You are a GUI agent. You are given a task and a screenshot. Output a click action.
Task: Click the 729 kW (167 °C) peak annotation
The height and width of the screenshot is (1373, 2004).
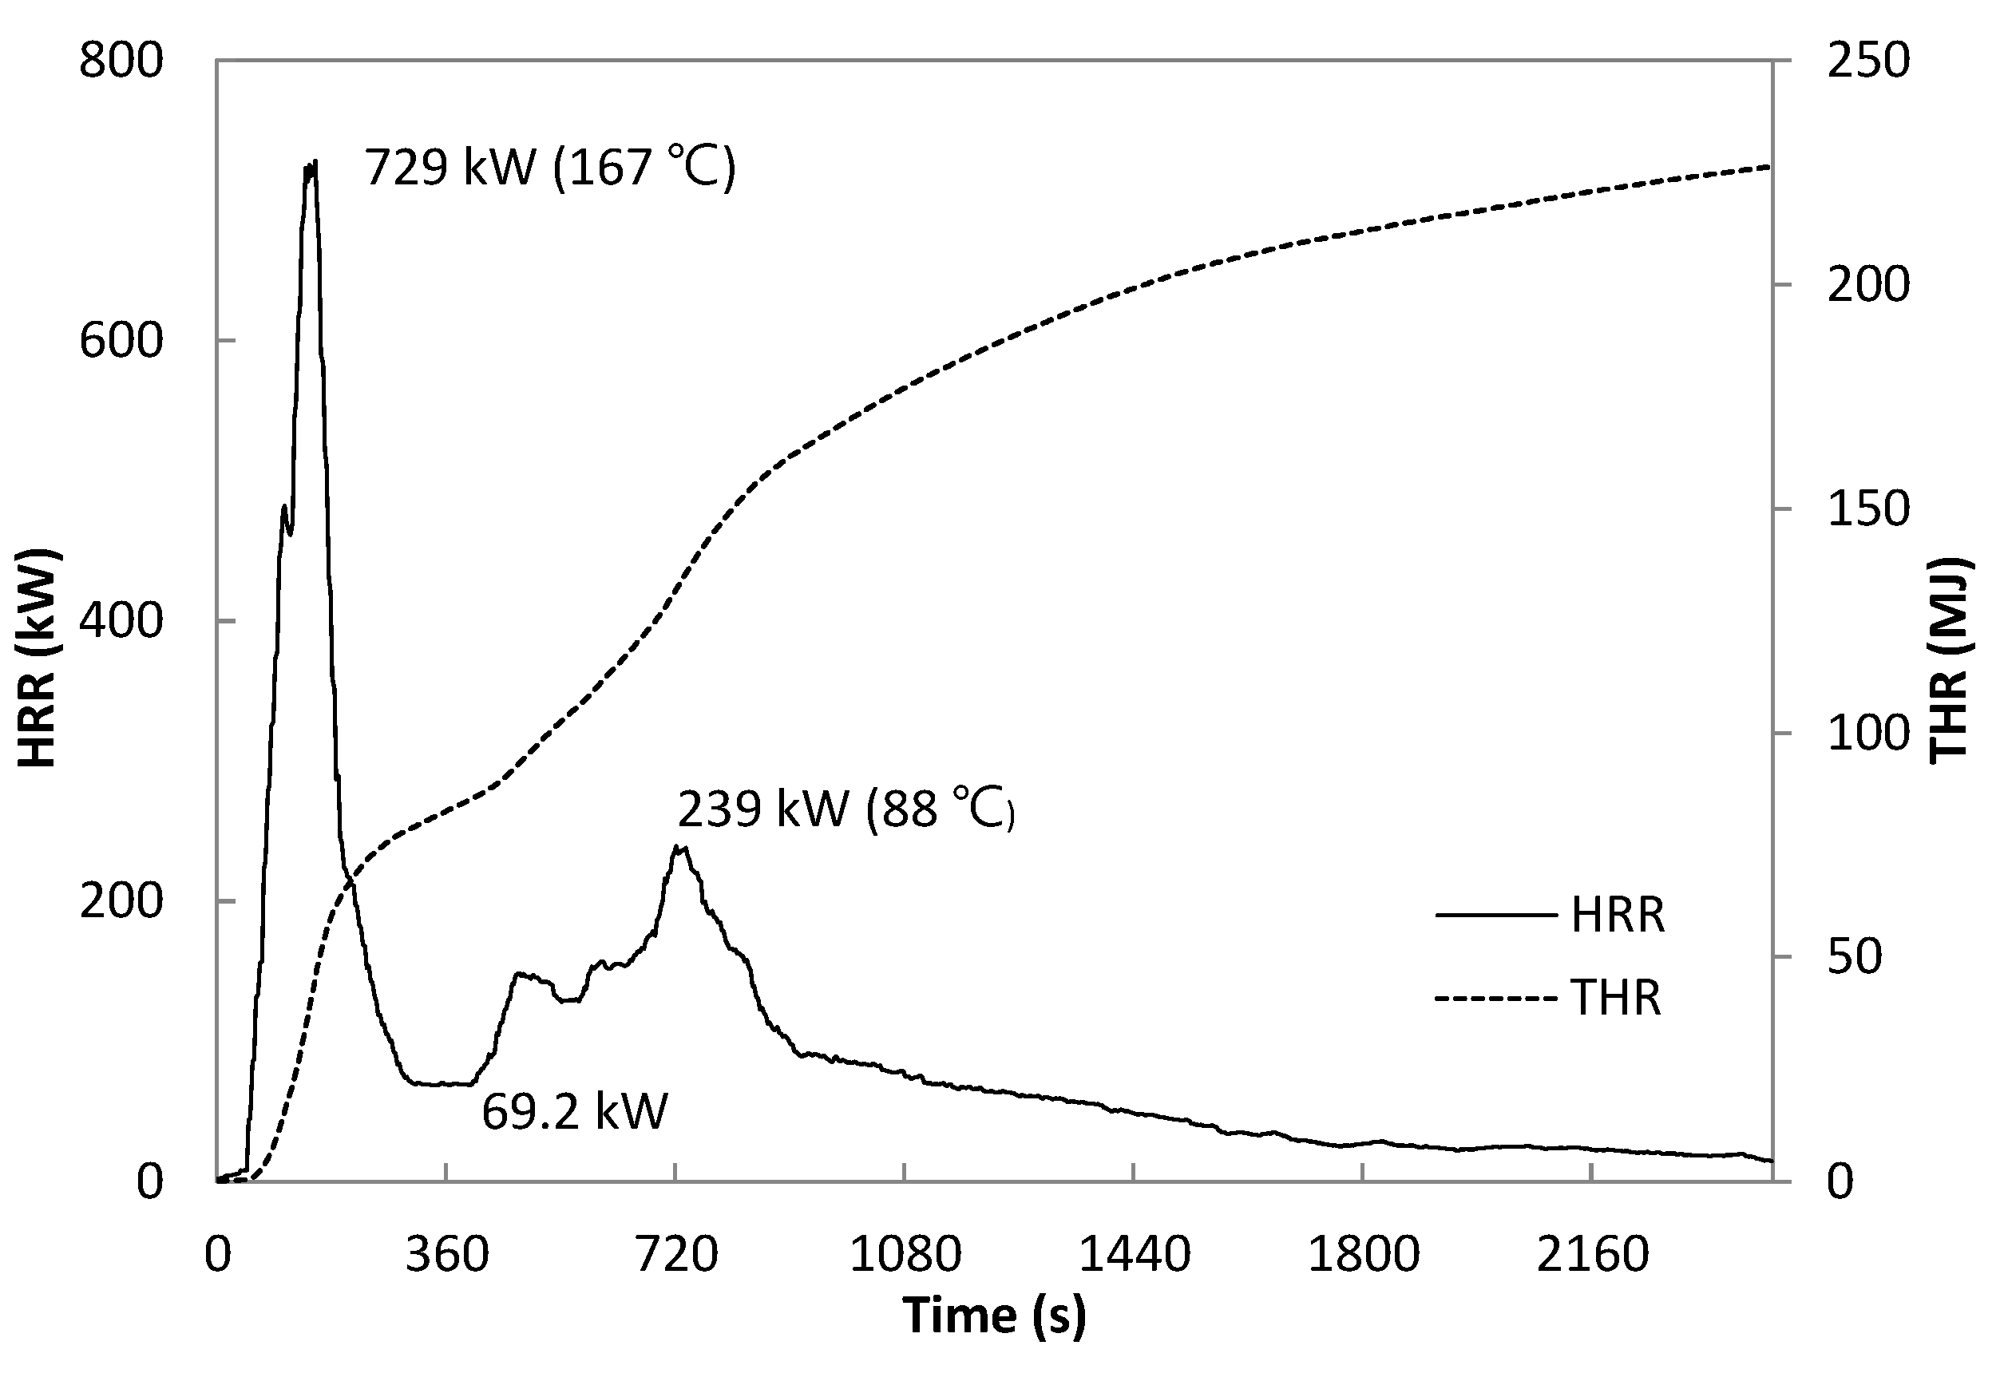tap(549, 166)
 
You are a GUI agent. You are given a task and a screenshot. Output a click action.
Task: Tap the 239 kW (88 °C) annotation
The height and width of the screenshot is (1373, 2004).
tap(845, 809)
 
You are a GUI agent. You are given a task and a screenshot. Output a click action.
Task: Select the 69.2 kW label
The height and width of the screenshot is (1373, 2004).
tap(574, 1111)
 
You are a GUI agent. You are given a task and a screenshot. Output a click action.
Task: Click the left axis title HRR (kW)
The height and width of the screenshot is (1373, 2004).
tap(37, 657)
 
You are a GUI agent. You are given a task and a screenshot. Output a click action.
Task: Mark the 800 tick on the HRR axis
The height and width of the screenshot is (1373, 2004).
tap(121, 62)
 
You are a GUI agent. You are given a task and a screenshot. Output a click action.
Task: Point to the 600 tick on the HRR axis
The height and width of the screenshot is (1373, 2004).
tap(121, 342)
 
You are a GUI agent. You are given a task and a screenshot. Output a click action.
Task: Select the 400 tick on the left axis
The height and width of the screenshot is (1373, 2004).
tap(121, 621)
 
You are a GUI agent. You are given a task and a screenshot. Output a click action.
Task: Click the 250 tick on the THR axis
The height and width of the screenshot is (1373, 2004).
tap(1867, 62)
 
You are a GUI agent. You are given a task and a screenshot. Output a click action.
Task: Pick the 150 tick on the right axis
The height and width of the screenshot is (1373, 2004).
tap(1867, 509)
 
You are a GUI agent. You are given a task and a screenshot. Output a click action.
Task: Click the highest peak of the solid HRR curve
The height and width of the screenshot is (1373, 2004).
tap(311, 163)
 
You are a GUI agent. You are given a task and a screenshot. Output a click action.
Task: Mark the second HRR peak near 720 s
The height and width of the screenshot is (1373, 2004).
tap(679, 847)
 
